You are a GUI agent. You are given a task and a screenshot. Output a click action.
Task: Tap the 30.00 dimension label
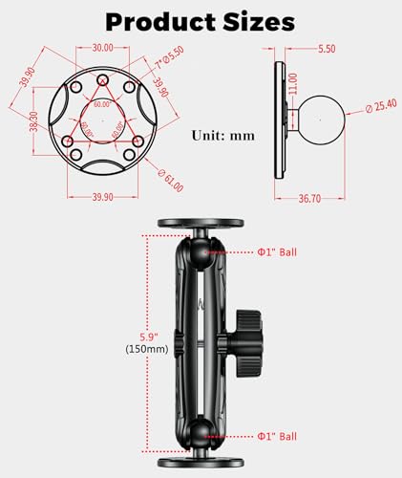pos(102,46)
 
